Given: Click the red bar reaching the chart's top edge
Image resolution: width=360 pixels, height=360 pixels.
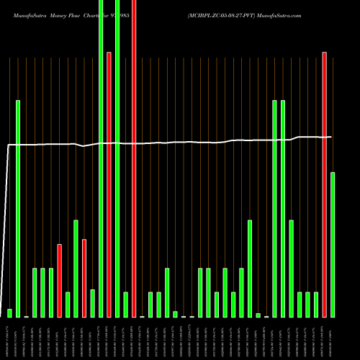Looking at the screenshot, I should click(x=134, y=158).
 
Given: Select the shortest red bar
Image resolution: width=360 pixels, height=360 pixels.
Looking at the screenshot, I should click(x=84, y=278).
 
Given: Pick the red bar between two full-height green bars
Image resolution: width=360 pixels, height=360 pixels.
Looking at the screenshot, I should click(x=109, y=184).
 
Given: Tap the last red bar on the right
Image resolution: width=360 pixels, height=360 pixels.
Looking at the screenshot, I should click(x=325, y=184).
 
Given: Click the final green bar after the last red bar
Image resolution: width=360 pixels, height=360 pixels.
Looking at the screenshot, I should click(x=333, y=245).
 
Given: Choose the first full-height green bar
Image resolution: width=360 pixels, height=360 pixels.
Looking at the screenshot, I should click(x=101, y=158).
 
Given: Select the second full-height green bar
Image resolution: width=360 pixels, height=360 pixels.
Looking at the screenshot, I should click(x=117, y=158).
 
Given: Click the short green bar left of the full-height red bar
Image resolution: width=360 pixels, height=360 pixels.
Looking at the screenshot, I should click(x=126, y=305).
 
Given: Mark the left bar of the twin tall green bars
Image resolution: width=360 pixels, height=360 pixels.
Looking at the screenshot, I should click(x=275, y=209).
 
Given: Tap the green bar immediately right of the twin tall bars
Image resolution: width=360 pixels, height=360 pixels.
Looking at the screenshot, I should click(x=292, y=269).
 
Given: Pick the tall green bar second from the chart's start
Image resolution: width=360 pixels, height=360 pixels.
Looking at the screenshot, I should click(x=18, y=209).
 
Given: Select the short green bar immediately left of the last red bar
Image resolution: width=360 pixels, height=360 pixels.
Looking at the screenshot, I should click(x=316, y=305).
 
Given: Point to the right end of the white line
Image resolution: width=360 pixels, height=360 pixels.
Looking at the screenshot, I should click(x=331, y=137).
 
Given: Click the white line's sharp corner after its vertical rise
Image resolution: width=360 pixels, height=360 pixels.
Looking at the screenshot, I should click(x=8, y=145).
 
